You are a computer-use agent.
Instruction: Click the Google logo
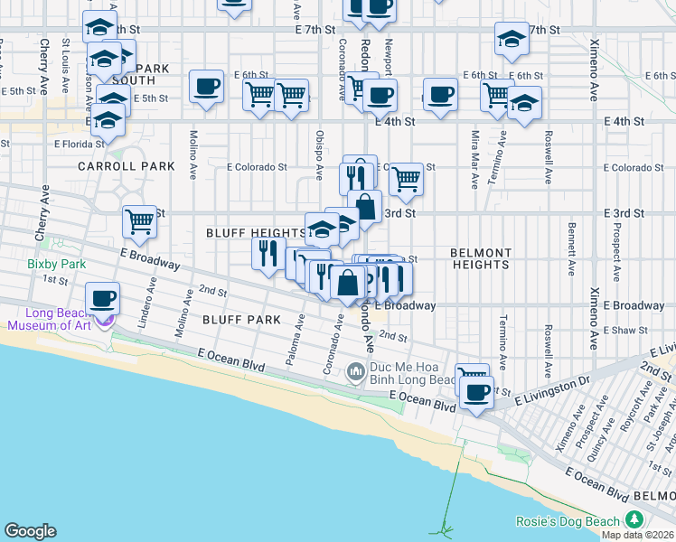30,531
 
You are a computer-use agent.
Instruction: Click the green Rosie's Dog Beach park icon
634,520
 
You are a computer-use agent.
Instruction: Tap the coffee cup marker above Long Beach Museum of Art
103,298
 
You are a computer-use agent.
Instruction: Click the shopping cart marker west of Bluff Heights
140,220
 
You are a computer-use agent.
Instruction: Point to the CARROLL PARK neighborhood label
113,166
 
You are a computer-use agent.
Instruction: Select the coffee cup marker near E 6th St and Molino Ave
207,88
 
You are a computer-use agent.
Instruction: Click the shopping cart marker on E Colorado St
406,180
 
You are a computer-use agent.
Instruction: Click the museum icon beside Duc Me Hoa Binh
356,370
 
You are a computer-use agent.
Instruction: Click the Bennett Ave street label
570,243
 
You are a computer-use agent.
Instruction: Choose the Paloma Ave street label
293,347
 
